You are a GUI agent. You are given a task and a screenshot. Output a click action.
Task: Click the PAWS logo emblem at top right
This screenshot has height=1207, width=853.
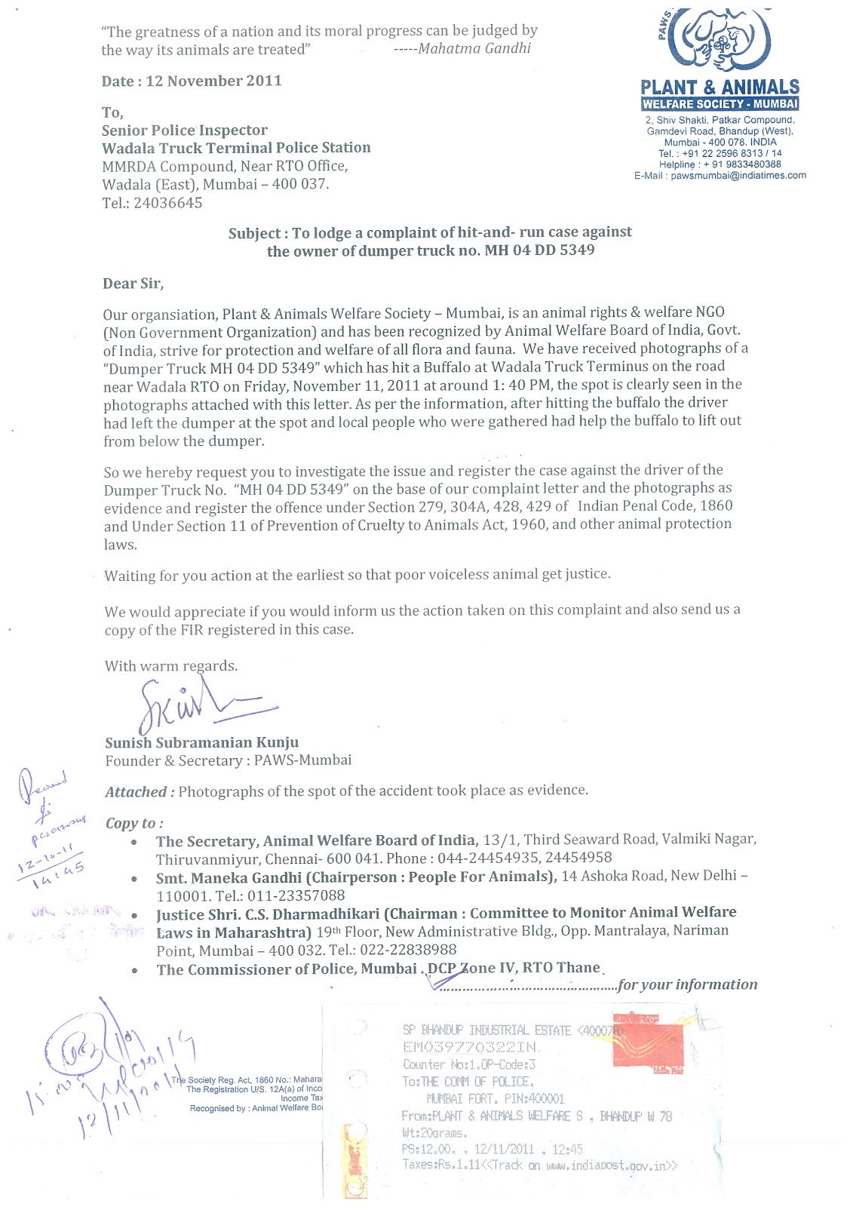click(720, 41)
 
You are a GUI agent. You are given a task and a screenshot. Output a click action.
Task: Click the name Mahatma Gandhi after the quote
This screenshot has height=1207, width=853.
click(474, 48)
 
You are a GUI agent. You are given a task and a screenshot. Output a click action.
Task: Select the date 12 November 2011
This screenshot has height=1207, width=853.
click(213, 81)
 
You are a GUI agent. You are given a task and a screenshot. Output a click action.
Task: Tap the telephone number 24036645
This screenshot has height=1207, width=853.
click(167, 203)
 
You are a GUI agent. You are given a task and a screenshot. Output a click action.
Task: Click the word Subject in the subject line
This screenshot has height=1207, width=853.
click(255, 233)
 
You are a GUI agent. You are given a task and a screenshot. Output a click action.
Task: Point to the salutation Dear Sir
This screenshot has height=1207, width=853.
click(133, 284)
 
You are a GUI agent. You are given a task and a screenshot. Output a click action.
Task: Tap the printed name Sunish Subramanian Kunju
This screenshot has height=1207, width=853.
click(201, 742)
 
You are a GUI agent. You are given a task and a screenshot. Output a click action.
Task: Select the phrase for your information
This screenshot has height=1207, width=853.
click(687, 984)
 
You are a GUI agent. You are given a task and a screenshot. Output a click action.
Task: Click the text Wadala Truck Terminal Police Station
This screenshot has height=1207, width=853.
click(236, 148)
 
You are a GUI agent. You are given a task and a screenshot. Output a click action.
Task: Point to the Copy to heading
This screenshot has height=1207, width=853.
click(134, 823)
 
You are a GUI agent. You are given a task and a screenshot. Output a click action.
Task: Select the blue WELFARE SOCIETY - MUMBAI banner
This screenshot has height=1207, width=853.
click(720, 104)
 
